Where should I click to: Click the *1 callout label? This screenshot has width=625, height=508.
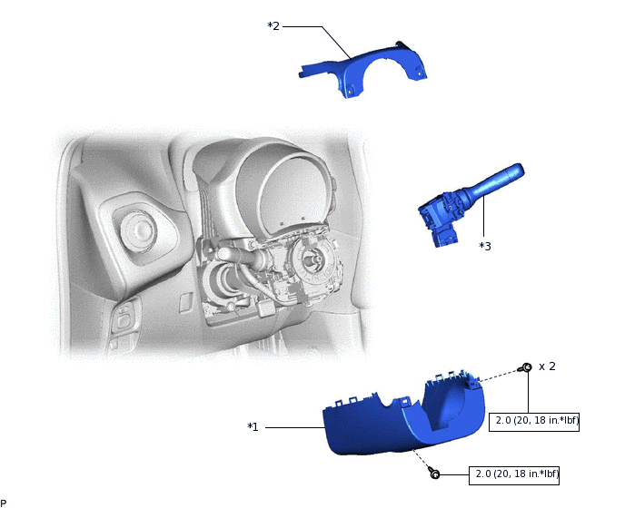tap(253, 426)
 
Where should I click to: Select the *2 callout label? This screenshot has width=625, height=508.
tap(273, 26)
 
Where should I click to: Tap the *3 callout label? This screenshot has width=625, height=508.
tap(486, 245)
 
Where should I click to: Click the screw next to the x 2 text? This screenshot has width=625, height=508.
tap(526, 367)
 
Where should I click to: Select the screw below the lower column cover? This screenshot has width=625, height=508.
tap(434, 474)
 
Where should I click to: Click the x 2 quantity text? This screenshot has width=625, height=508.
tap(547, 366)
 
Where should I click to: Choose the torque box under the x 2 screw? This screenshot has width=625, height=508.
tap(535, 421)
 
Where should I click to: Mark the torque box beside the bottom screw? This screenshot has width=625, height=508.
tap(514, 474)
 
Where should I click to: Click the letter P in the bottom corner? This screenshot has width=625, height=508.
tap(4, 503)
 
